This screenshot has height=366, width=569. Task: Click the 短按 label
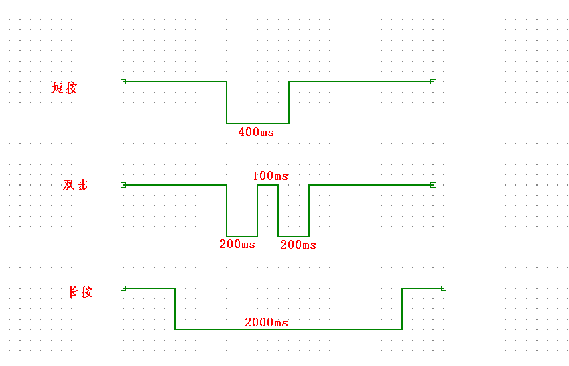(65, 88)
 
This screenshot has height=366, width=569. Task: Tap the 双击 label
(76, 185)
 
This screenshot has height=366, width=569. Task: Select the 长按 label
(80, 292)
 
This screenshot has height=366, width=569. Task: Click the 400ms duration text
(256, 132)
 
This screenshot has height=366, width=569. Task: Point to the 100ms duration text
(270, 176)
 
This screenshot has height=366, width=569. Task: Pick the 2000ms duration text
(266, 322)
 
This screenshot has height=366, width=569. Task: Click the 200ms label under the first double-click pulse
(237, 244)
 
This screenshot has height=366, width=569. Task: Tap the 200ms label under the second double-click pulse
(298, 245)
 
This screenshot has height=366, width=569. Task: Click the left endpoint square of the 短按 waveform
(123, 82)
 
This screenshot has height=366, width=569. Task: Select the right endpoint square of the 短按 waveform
(433, 82)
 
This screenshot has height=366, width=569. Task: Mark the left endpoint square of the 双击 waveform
(123, 185)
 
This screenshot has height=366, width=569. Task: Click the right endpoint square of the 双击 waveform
(433, 185)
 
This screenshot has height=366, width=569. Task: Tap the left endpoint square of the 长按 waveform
(123, 288)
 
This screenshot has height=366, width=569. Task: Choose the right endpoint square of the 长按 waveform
(444, 288)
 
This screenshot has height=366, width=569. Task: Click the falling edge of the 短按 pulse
(227, 103)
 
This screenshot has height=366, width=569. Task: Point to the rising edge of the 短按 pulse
(289, 103)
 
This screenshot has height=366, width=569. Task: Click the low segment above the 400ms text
(257, 123)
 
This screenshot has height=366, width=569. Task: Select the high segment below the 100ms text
(268, 185)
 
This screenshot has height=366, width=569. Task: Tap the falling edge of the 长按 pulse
(175, 309)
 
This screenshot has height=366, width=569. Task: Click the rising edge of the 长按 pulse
(402, 309)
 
